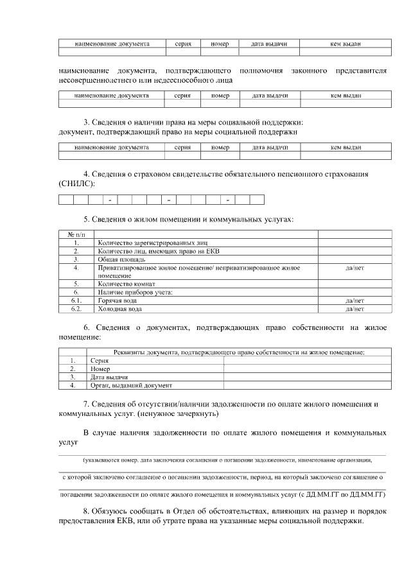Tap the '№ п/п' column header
(x=76, y=234)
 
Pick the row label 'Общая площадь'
(x=118, y=259)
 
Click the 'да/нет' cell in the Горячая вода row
(x=354, y=300)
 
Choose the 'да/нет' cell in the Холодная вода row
(x=354, y=309)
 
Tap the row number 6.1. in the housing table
(x=76, y=300)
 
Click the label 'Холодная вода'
(x=120, y=309)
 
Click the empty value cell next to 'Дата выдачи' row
(x=298, y=377)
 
